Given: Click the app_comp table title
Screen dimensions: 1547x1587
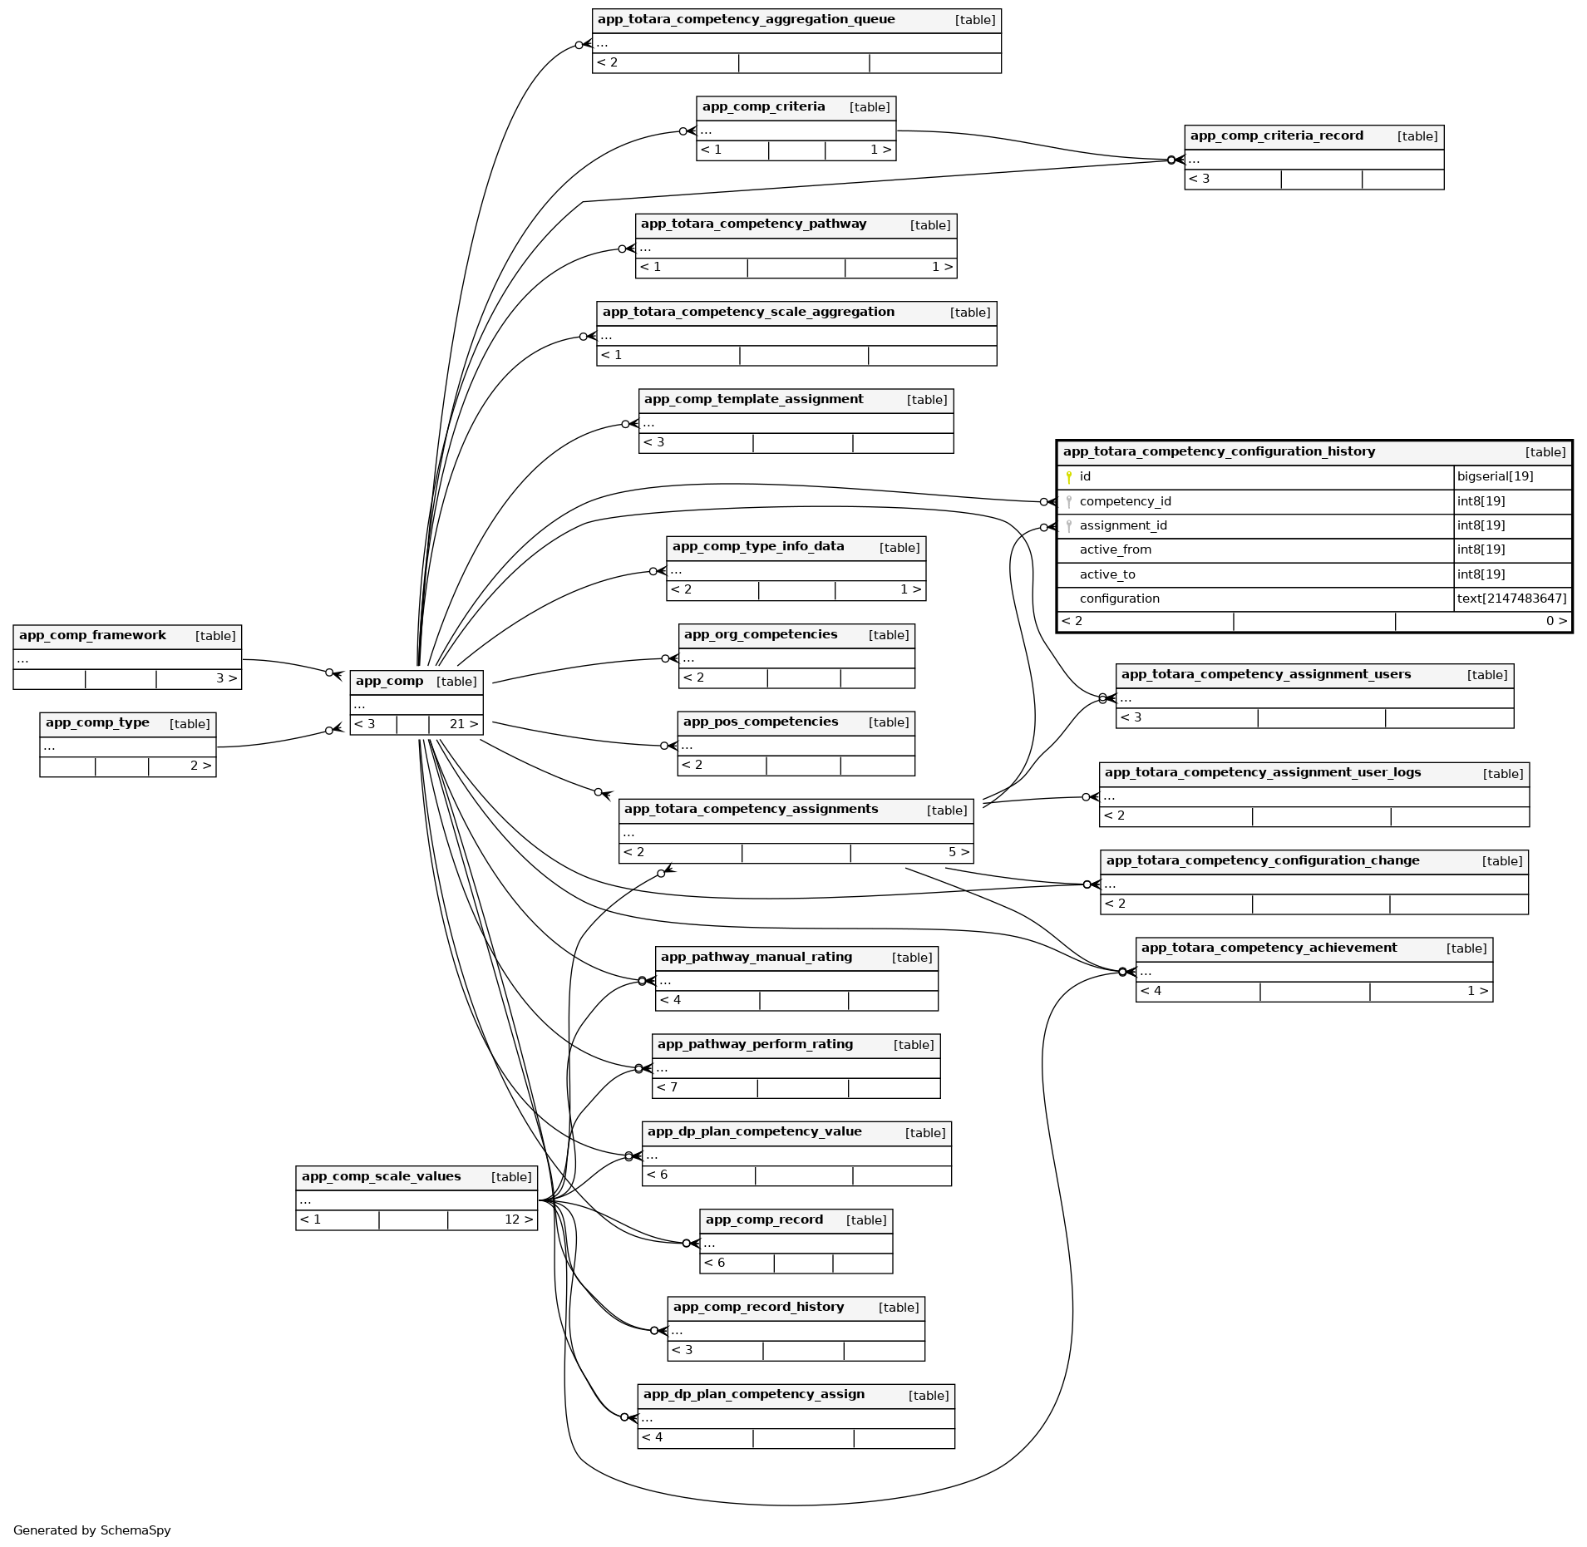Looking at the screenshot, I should click(x=389, y=681).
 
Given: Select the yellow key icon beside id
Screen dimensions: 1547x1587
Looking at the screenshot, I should click(x=1069, y=477).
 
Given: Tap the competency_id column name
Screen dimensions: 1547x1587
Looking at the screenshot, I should click(x=1125, y=501).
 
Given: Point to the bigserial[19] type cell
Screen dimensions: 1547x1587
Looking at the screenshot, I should click(x=1495, y=476).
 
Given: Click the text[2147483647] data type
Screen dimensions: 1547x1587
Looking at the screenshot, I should click(x=1511, y=599).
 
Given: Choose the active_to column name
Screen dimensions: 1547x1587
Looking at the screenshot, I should click(x=1106, y=574).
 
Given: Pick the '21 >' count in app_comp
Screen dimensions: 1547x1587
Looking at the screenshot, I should click(x=464, y=724).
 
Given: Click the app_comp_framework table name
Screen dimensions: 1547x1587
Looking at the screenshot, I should click(x=92, y=635).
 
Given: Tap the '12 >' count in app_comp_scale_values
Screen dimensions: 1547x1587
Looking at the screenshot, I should click(x=519, y=1219).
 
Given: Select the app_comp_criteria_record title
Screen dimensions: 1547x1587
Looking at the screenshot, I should click(x=1276, y=135).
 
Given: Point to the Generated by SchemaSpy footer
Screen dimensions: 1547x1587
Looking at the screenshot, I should click(x=91, y=1530).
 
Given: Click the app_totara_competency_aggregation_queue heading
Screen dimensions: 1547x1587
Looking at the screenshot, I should click(x=746, y=19).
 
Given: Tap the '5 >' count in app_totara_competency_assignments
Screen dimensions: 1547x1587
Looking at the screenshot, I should click(x=959, y=852).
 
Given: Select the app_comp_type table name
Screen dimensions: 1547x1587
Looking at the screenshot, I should click(x=97, y=722).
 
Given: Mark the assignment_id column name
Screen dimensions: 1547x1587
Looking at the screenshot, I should click(x=1122, y=525).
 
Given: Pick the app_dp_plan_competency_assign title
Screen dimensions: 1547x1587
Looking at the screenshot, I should click(x=753, y=1394).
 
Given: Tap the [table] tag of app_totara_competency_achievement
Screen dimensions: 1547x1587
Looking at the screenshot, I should click(x=1466, y=948).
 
